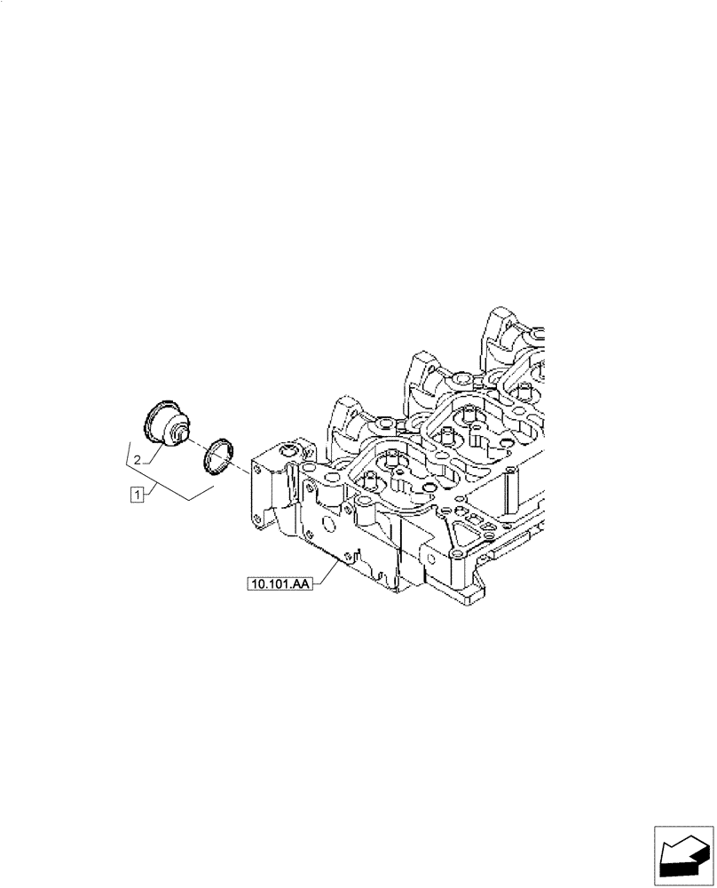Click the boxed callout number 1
click(137, 494)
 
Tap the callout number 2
click(138, 459)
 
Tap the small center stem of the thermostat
click(181, 435)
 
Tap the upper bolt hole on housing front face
click(258, 466)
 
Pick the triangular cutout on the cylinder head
click(464, 533)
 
